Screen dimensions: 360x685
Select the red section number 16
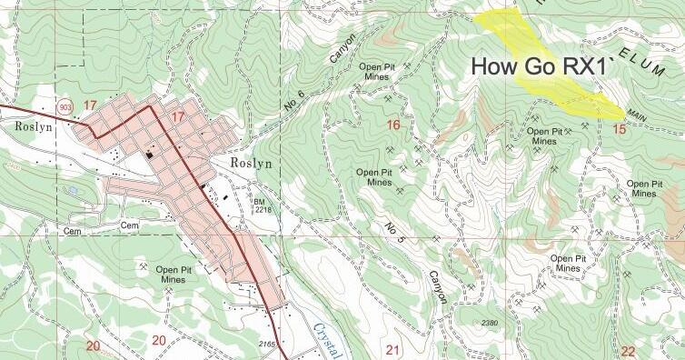coord(393,125)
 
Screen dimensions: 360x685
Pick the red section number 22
coord(629,352)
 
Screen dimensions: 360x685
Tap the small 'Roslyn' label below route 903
coord(36,127)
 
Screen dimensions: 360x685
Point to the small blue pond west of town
coord(72,191)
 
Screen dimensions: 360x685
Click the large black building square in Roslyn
coord(150,155)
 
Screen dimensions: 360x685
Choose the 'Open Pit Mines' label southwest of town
coord(179,275)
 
